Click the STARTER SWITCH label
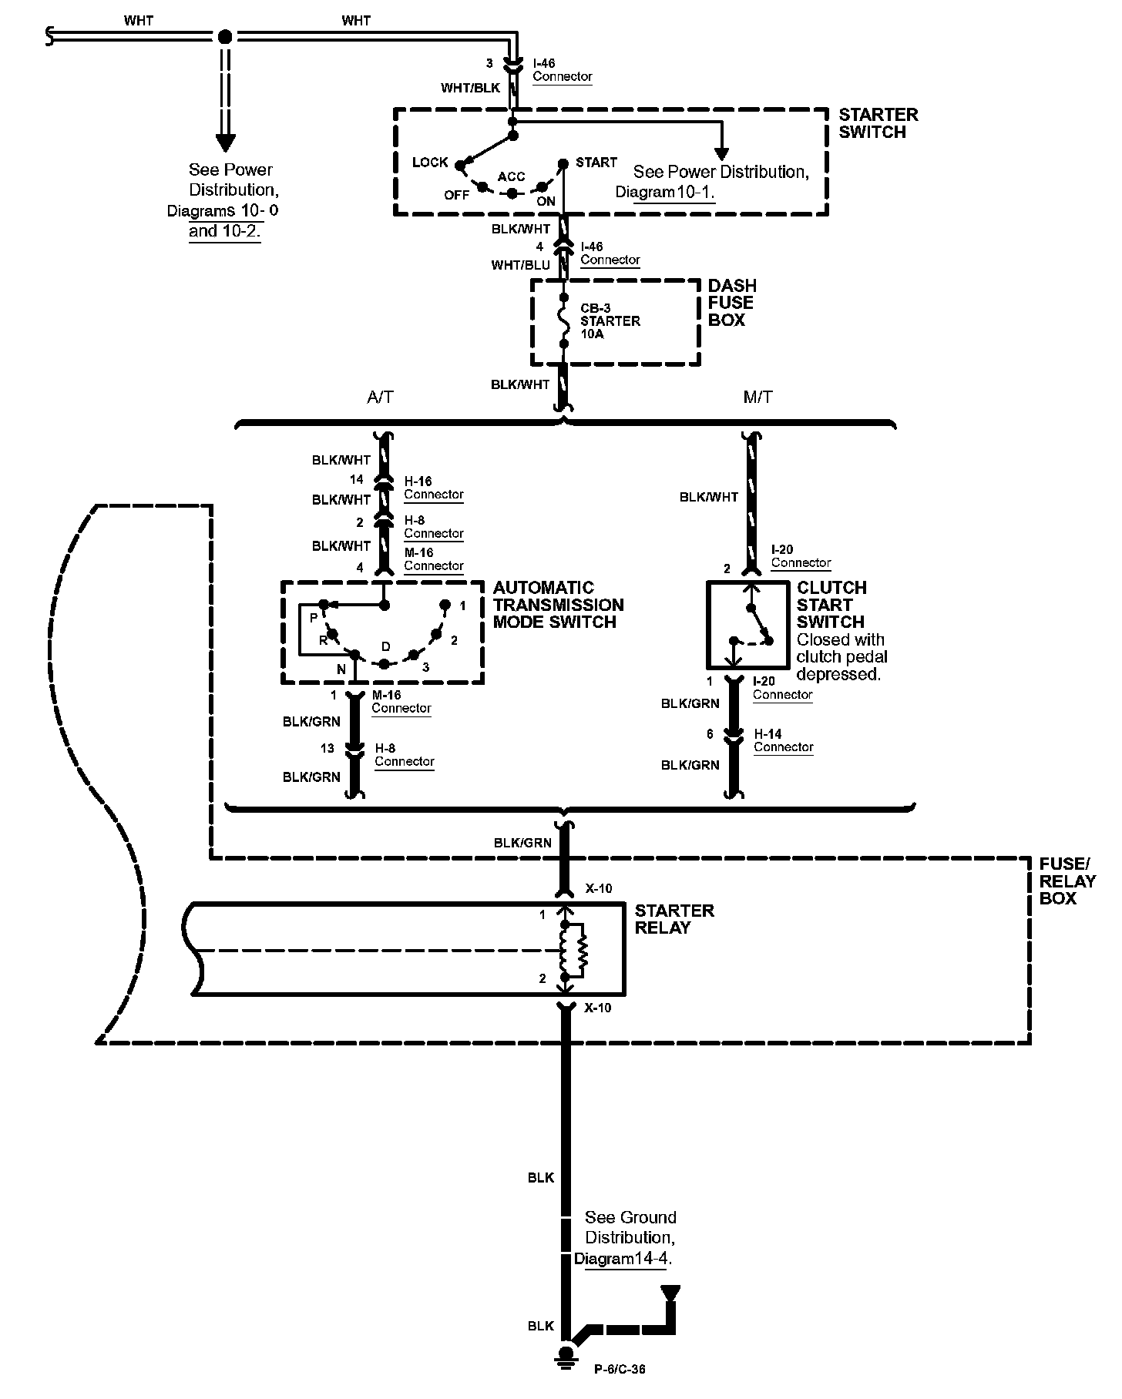pos(878,123)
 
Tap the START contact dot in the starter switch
pos(563,163)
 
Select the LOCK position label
pos(430,162)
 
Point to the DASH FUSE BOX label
pos(731,303)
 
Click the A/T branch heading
pos(380,398)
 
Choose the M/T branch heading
pos(758,398)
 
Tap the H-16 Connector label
pos(434,488)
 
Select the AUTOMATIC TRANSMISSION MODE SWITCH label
pos(558,605)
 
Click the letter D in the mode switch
pos(386,646)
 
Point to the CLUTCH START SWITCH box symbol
pos(747,625)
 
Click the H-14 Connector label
pos(783,740)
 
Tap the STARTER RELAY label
pos(674,919)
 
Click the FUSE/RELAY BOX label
pos(1067,881)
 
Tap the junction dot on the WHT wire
pos(225,36)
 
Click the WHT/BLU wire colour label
pos(521,265)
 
